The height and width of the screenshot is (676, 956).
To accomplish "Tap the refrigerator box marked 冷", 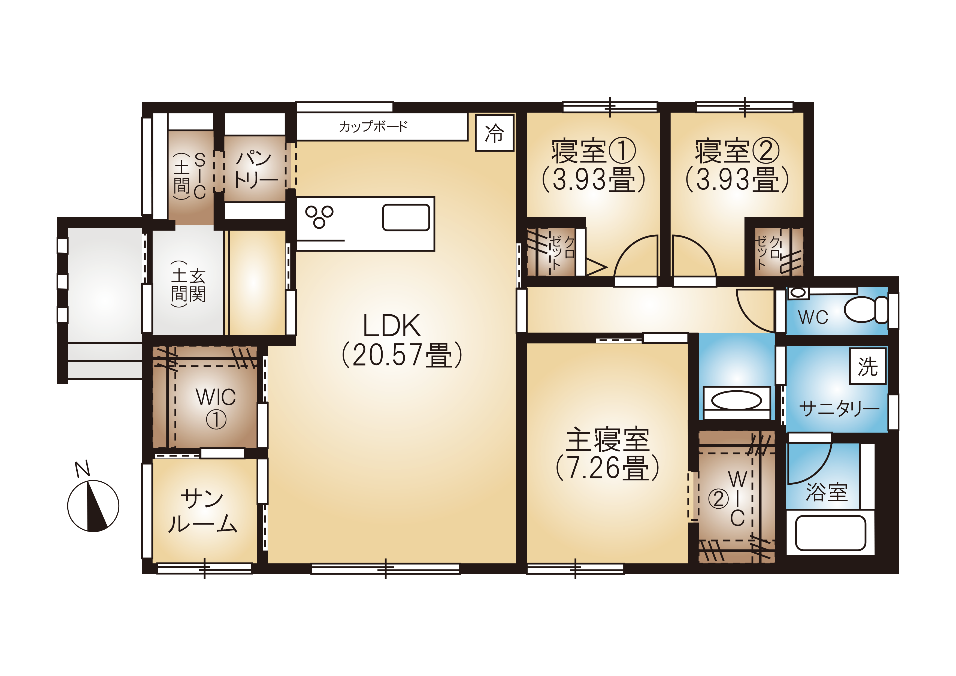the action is pos(495,133).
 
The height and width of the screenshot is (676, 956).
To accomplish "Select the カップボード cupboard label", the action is pos(373,126).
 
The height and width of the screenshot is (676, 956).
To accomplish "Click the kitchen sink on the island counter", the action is pos(406,217).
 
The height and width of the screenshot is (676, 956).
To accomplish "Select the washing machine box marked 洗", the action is pos(868,366).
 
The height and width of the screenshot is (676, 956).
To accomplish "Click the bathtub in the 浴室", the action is pos(830,533).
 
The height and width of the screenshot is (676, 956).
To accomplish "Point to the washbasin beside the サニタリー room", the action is pos(737,401).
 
